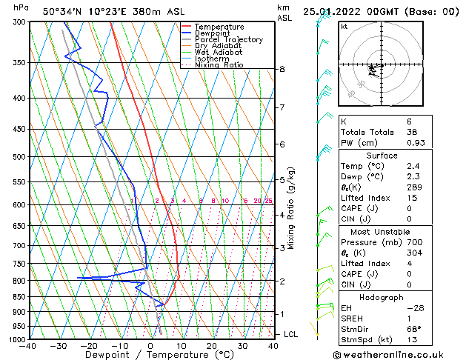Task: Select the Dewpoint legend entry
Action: coord(215,33)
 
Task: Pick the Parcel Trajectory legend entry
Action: coord(228,40)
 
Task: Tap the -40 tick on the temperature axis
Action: coord(29,346)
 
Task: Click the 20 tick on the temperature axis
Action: coord(212,346)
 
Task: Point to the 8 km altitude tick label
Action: coord(282,69)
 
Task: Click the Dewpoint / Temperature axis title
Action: coord(150,356)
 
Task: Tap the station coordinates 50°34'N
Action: coord(62,11)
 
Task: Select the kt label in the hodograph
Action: coord(344,26)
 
